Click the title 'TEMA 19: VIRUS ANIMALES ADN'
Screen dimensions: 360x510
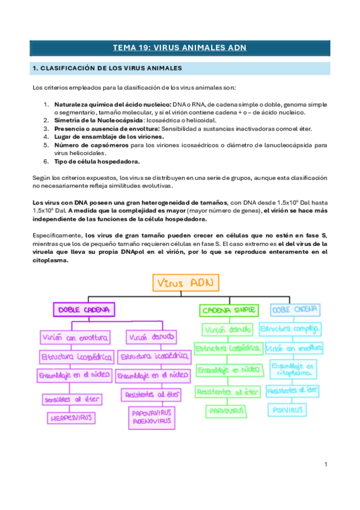pyautogui.click(x=180, y=48)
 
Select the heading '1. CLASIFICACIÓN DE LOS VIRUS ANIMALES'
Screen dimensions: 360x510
pyautogui.click(x=107, y=69)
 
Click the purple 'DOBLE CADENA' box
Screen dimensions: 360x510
pyautogui.click(x=84, y=310)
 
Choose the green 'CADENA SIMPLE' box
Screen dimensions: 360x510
pyautogui.click(x=228, y=310)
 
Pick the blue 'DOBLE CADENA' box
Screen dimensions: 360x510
pyautogui.click(x=294, y=310)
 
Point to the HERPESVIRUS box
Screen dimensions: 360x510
pyautogui.click(x=66, y=417)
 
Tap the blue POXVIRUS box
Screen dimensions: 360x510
pyautogui.click(x=287, y=410)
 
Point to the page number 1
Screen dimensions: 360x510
pyautogui.click(x=325, y=464)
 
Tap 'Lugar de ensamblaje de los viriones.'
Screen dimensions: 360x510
pyautogui.click(x=105, y=137)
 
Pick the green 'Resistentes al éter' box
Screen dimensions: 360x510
pyautogui.click(x=228, y=392)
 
